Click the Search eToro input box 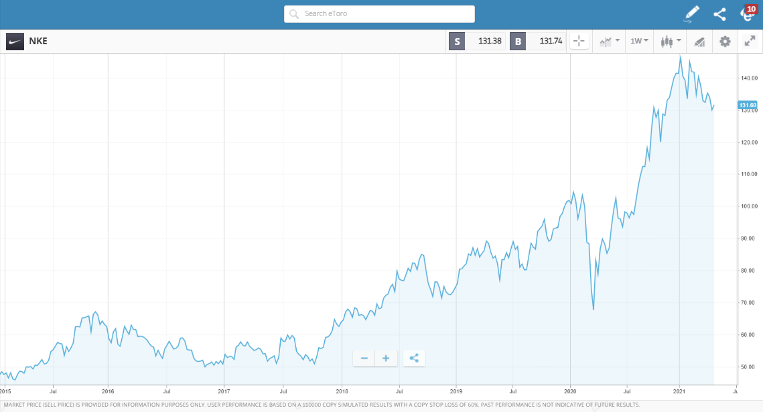[x=379, y=14]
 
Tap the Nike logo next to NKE [x=15, y=42]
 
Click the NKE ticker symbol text [x=38, y=42]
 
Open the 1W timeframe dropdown [x=639, y=42]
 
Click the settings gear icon [x=725, y=42]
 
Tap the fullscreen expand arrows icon [x=750, y=42]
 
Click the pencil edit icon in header [x=691, y=14]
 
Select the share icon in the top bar [x=719, y=14]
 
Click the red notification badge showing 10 [x=750, y=9]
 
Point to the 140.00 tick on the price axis [x=748, y=78]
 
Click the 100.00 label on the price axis [x=748, y=206]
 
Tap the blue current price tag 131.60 [x=747, y=105]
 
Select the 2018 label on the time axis [x=342, y=391]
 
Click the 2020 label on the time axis [x=570, y=391]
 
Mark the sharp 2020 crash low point [x=594, y=310]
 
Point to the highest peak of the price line [x=680, y=56]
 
